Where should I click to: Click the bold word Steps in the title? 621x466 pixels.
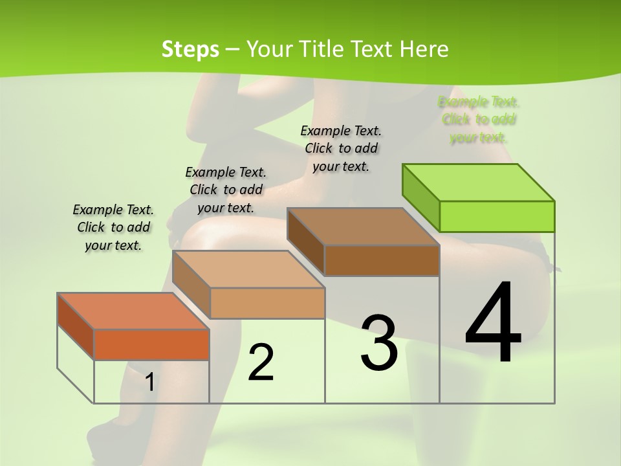click(x=190, y=49)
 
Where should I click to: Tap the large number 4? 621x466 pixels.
click(x=493, y=324)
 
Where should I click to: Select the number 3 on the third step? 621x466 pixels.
click(x=378, y=343)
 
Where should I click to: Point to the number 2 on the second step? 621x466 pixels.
click(x=261, y=362)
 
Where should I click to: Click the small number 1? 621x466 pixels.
click(x=149, y=382)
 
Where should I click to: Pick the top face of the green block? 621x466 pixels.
click(x=479, y=182)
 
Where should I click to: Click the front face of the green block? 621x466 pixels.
click(x=497, y=216)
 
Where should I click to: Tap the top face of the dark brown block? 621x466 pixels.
click(x=364, y=227)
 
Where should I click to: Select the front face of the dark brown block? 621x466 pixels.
click(x=382, y=260)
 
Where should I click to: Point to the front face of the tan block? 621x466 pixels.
click(x=267, y=303)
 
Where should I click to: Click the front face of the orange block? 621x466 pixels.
click(x=151, y=344)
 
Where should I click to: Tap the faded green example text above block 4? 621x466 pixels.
click(x=479, y=120)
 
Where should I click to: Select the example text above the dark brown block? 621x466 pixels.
click(x=341, y=148)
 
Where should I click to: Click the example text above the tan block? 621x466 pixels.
click(x=226, y=190)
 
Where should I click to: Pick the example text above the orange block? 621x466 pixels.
click(x=113, y=227)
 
